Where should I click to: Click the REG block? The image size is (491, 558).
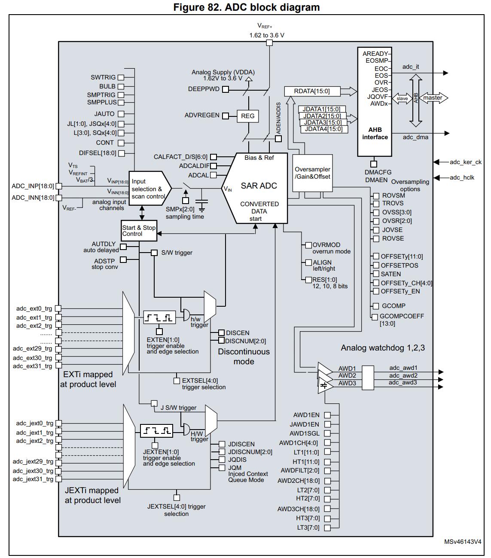pyautogui.click(x=248, y=116)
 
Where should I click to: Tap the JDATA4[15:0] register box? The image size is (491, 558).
pyautogui.click(x=323, y=129)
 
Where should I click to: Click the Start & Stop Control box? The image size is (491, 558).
pyautogui.click(x=139, y=231)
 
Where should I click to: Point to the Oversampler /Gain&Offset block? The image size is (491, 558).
pyautogui.click(x=312, y=173)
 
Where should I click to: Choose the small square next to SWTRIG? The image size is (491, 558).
pyautogui.click(x=121, y=77)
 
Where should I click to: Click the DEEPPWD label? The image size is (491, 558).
pyautogui.click(x=204, y=89)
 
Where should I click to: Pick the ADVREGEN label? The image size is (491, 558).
pyautogui.click(x=202, y=116)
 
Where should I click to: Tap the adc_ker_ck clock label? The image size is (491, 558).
pyautogui.click(x=466, y=162)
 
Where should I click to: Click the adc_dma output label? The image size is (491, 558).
pyautogui.click(x=415, y=137)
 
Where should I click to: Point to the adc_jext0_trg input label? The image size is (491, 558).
pyautogui.click(x=34, y=423)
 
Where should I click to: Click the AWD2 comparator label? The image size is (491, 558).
pyautogui.click(x=347, y=375)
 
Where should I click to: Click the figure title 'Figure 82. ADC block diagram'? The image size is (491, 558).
pyautogui.click(x=247, y=7)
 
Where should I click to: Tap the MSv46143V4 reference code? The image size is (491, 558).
pyautogui.click(x=463, y=542)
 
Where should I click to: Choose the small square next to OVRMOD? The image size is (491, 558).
pyautogui.click(x=308, y=245)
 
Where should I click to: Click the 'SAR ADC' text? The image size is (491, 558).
pyautogui.click(x=259, y=186)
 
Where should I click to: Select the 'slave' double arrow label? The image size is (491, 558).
pyautogui.click(x=402, y=98)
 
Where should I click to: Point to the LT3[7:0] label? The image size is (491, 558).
pyautogui.click(x=308, y=528)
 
